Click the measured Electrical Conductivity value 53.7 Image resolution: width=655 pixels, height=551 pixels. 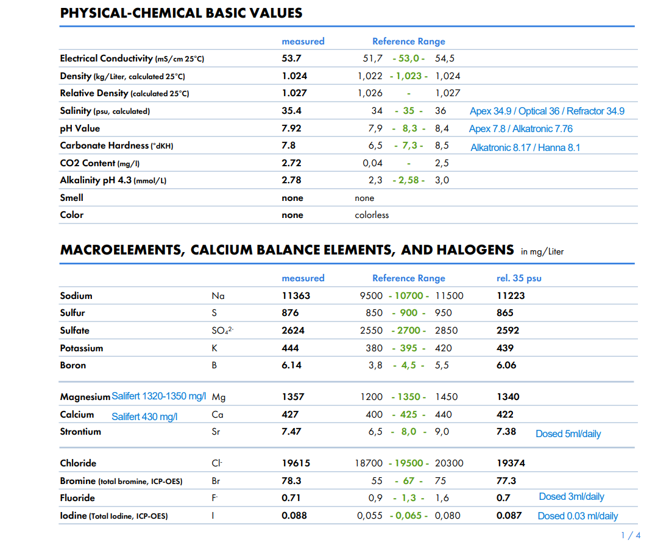291,58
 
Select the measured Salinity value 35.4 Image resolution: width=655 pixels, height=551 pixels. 291,111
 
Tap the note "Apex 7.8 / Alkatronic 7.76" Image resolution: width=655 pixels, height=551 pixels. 520,128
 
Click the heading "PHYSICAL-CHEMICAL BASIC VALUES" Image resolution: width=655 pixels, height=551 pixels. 181,13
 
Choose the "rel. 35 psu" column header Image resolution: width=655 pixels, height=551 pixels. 519,278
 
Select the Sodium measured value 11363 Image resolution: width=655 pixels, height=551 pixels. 296,296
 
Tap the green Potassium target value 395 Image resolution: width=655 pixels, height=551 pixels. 408,348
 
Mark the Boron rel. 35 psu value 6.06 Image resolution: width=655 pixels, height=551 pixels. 506,365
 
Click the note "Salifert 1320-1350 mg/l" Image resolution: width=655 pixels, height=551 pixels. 159,396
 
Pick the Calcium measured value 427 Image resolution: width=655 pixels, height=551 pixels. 290,415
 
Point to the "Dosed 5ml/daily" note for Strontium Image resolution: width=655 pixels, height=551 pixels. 568,433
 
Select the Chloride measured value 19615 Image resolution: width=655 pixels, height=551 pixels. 296,463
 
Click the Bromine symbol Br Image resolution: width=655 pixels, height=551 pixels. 216,481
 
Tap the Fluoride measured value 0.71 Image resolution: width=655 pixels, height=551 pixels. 291,498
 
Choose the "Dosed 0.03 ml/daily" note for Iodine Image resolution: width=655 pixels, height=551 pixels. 577,516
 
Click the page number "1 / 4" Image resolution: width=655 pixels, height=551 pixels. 630,535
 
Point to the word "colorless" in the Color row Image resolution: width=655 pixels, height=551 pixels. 372,215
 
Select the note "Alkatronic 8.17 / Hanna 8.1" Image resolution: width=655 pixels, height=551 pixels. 525,147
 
